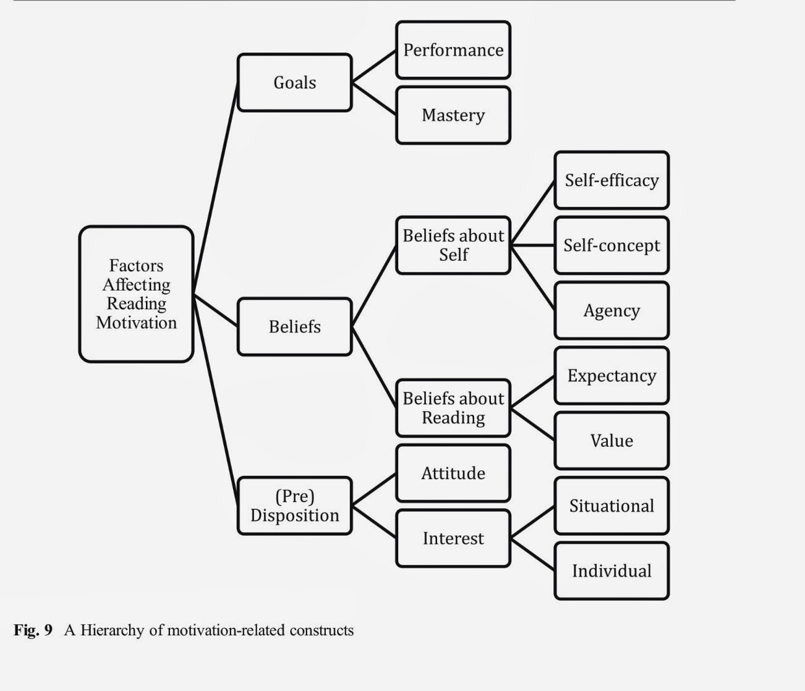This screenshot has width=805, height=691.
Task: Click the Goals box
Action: [294, 82]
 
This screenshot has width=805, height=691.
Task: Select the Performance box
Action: [453, 50]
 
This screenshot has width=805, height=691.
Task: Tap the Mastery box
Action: [453, 115]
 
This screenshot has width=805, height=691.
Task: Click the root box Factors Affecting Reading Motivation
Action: [136, 294]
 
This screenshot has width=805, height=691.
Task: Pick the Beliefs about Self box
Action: [453, 245]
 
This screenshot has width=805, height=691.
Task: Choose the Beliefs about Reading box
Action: [453, 408]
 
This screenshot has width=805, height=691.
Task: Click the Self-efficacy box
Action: [611, 180]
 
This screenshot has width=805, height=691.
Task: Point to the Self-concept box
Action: [611, 245]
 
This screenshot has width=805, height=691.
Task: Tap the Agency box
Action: [611, 310]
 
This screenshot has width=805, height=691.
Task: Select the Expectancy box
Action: [611, 376]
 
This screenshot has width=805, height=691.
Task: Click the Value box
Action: [611, 441]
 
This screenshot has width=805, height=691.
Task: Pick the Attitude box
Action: [453, 473]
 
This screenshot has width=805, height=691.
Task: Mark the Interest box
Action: [453, 538]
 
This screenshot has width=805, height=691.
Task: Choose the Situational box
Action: [611, 506]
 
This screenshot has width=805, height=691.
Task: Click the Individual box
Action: [611, 570]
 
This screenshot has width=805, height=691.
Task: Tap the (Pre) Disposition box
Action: [294, 506]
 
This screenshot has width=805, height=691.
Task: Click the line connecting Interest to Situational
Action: [532, 523]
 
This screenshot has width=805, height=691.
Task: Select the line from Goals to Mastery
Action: [374, 99]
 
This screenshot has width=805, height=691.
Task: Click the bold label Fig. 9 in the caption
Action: [33, 630]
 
